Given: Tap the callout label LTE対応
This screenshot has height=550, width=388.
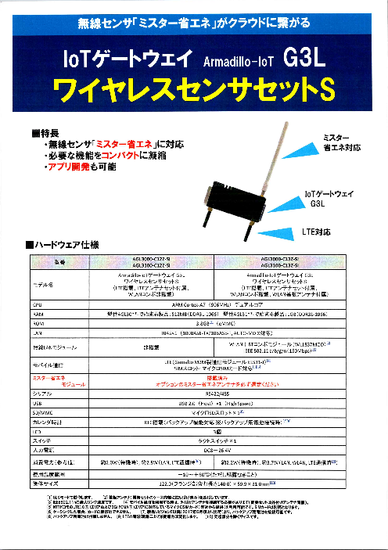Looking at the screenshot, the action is pos(318,232).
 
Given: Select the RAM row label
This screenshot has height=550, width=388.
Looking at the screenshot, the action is pos(36,311).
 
